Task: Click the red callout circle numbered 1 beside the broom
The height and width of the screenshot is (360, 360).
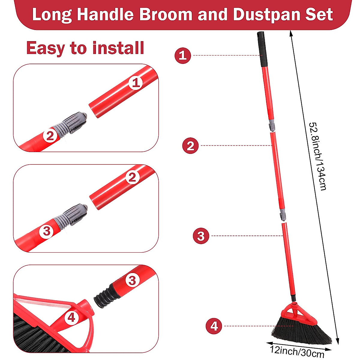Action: tap(183, 55)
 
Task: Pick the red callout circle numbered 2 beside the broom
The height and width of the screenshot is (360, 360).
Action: tap(190, 146)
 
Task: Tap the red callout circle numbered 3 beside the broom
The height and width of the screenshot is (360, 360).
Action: tap(201, 236)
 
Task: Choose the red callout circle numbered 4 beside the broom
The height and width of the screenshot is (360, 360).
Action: tap(214, 326)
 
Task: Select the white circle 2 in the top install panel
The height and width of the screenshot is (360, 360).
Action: tap(50, 136)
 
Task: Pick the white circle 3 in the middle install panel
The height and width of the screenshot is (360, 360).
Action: tap(47, 231)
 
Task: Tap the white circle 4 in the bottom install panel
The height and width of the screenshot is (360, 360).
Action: tap(71, 317)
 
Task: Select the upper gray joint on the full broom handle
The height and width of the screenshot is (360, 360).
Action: tap(272, 125)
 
